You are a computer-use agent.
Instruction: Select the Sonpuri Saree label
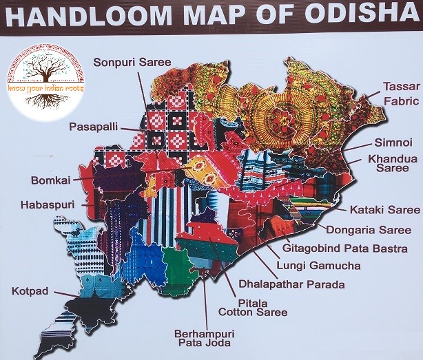pos(132,63)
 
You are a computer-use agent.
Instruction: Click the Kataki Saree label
pos(384,209)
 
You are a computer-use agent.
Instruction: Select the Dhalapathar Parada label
pos(291,283)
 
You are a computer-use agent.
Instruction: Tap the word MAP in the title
pos(228,16)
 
